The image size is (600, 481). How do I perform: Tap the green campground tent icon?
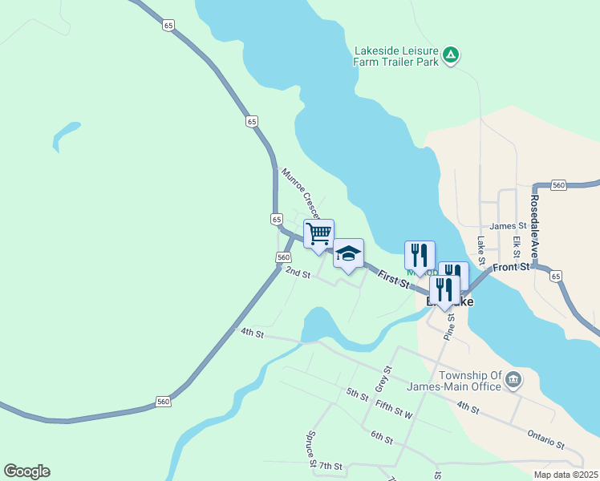click(452, 55)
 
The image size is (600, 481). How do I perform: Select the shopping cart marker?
click(318, 234)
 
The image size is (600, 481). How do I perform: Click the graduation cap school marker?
click(348, 254)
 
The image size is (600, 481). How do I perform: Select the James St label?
click(506, 227)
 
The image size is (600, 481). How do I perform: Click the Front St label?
click(512, 267)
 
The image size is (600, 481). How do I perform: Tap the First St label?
click(393, 281)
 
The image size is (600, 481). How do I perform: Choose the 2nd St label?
click(298, 273)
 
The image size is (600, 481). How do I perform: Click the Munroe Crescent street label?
click(301, 193)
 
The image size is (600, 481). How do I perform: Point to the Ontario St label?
click(546, 438)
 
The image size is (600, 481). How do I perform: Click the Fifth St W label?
click(393, 410)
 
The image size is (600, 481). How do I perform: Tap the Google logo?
click(26, 471)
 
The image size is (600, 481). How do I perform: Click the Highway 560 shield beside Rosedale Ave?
click(559, 185)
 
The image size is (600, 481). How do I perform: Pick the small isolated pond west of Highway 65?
click(66, 135)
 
